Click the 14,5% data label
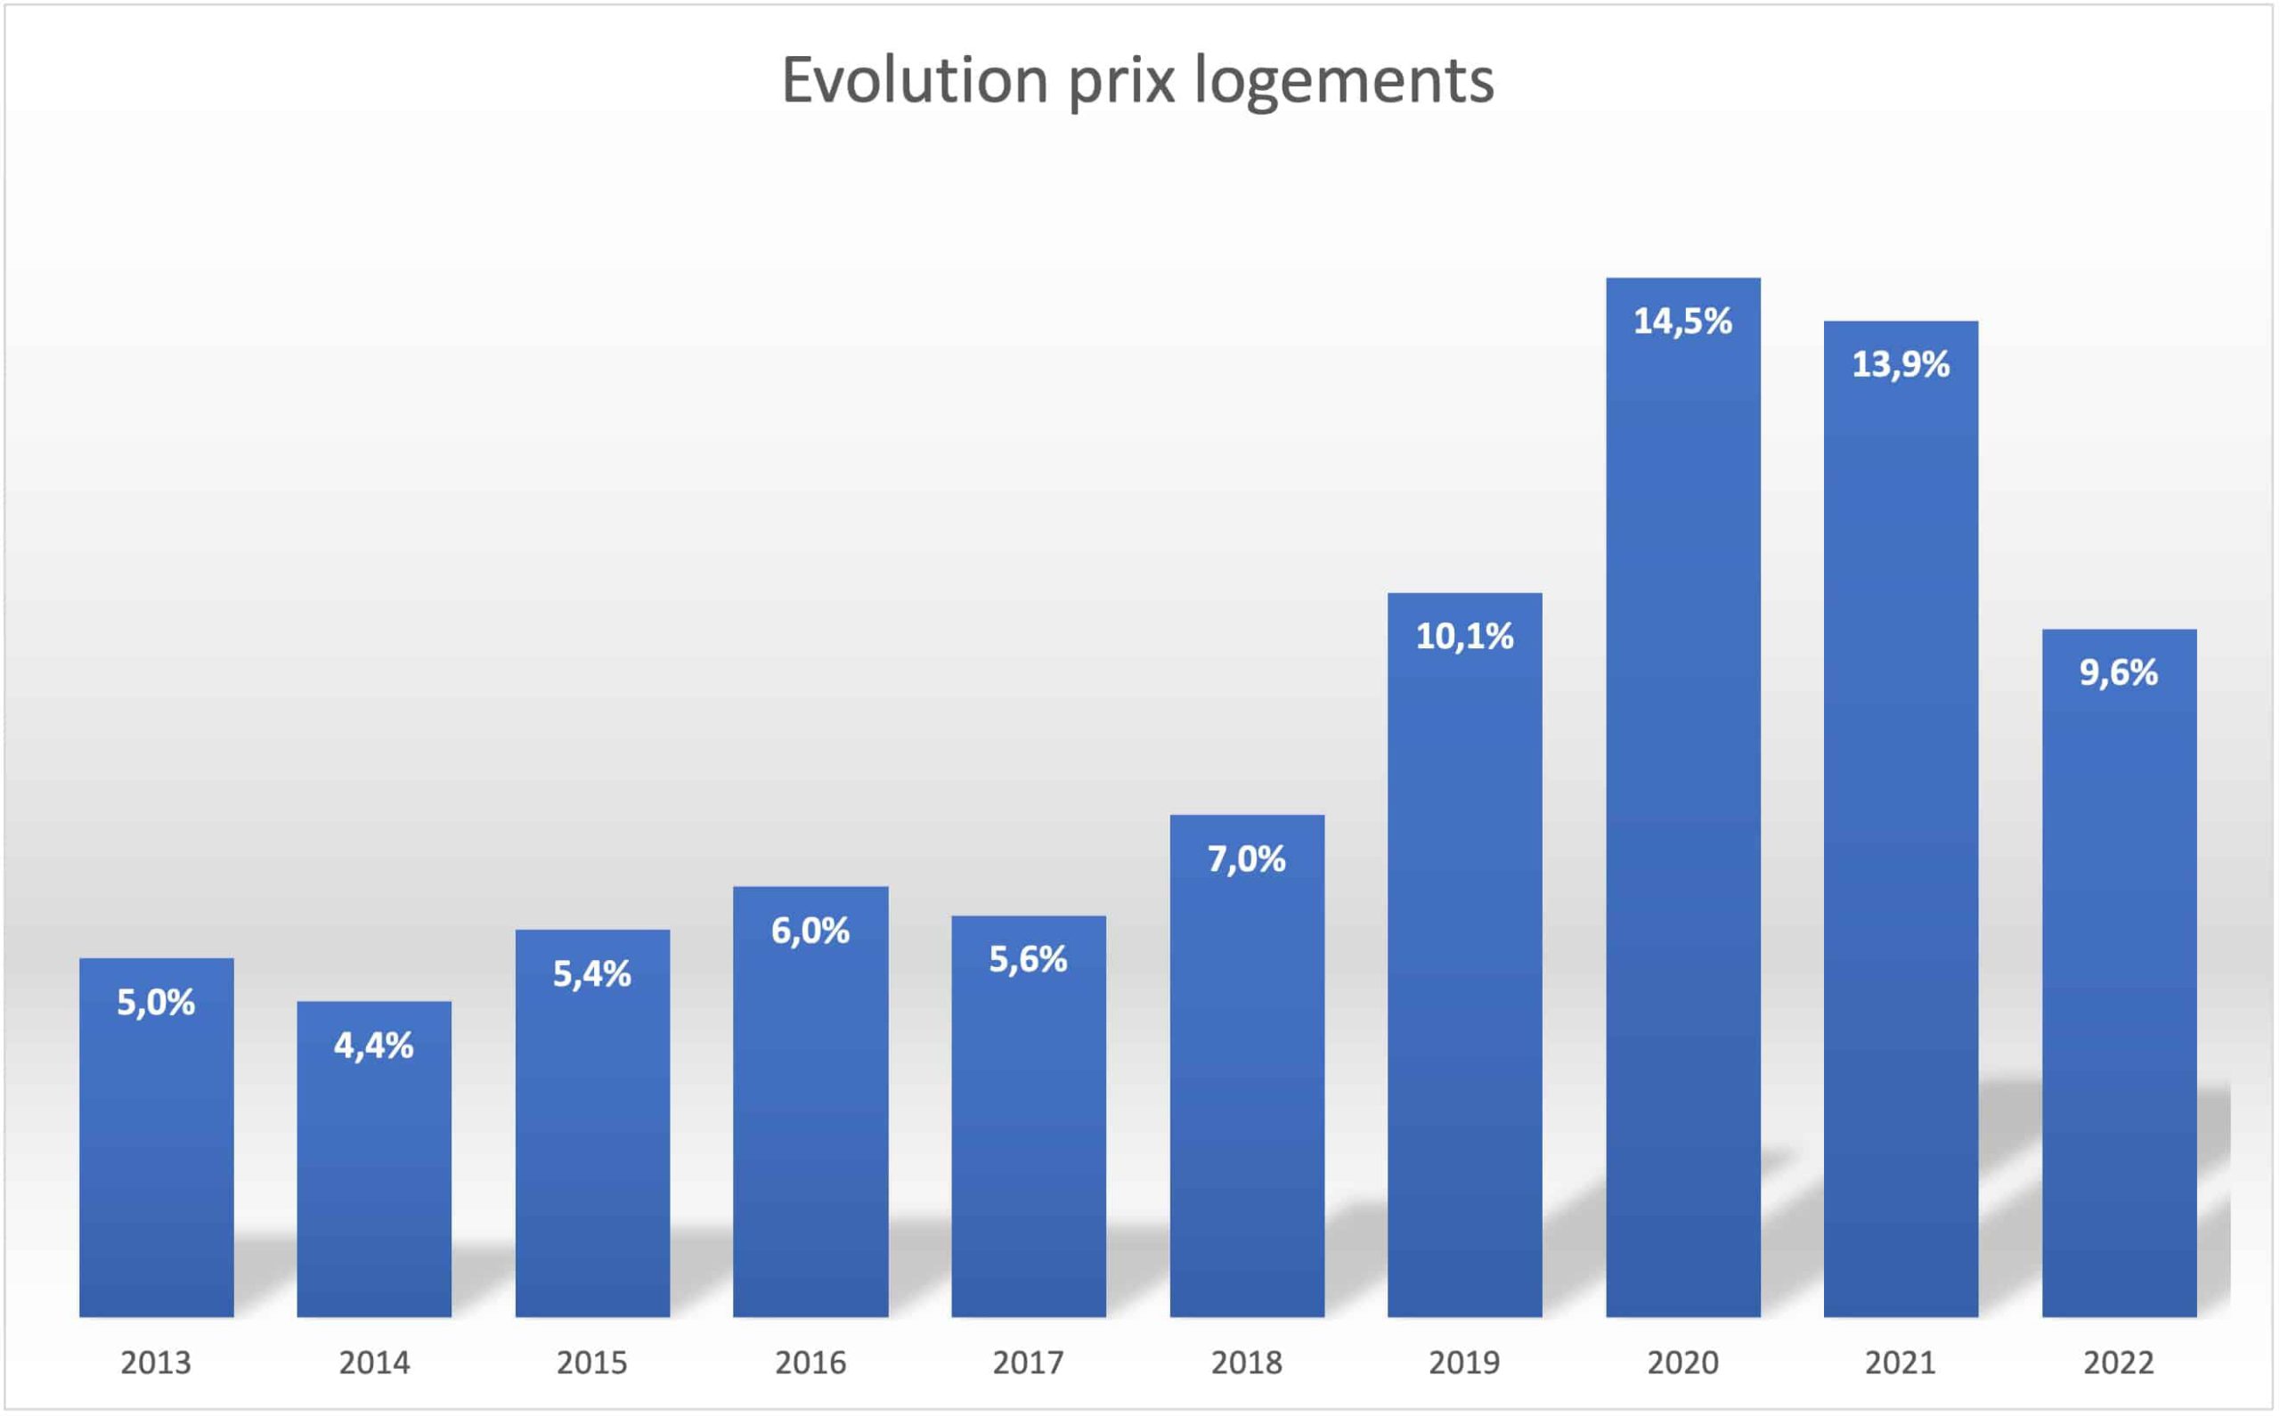click(x=1682, y=321)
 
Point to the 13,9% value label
click(x=1901, y=364)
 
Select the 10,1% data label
click(x=1464, y=637)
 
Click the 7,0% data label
click(x=1246, y=859)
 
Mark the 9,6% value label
click(x=2119, y=672)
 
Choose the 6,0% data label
click(x=810, y=931)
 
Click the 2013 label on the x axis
click(x=156, y=1363)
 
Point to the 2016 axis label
click(x=810, y=1363)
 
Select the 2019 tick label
click(x=1464, y=1363)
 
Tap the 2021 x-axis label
click(x=1901, y=1363)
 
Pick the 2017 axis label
click(x=1028, y=1363)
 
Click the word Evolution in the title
click(x=915, y=79)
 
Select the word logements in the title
click(x=1344, y=81)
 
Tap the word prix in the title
click(x=1121, y=81)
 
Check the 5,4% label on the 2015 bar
click(x=591, y=974)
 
